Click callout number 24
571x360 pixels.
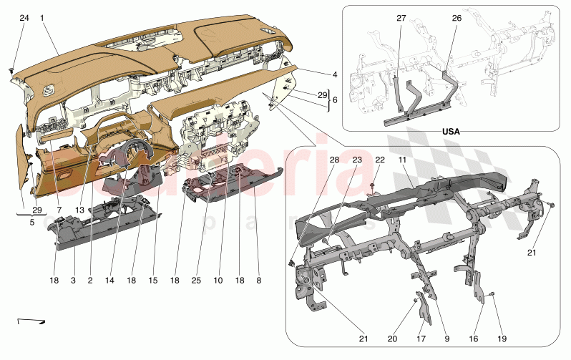click(x=24, y=17)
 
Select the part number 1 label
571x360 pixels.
click(x=43, y=17)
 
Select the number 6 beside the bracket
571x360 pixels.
click(x=334, y=100)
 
